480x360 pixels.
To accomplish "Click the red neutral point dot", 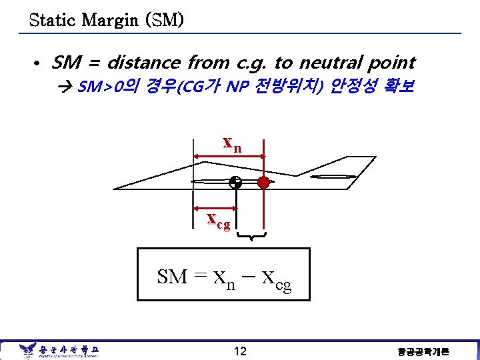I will (264, 181).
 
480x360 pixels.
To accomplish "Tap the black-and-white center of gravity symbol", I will (235, 181).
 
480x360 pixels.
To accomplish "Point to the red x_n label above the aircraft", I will (232, 144).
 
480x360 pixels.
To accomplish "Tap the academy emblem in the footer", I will (28, 350).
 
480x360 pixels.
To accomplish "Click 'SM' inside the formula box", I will (172, 276).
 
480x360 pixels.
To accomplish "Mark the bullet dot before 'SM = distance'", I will (37, 63).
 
